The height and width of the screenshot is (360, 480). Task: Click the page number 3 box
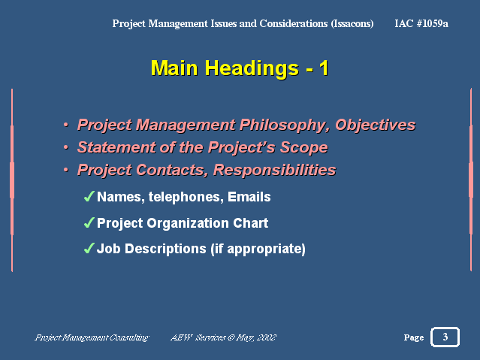click(445, 337)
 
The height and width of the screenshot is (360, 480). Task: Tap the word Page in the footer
click(414, 337)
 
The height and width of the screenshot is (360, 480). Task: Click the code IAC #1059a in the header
click(421, 23)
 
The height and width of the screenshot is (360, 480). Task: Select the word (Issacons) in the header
click(352, 23)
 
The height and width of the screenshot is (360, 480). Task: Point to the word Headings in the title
click(252, 68)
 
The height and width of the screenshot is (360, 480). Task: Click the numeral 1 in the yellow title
click(324, 68)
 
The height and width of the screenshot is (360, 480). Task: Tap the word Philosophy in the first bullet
click(285, 126)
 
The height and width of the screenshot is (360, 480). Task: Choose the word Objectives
click(376, 126)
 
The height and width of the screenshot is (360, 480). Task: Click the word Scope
click(304, 147)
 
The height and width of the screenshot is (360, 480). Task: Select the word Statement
click(116, 147)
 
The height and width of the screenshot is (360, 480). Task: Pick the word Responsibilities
click(275, 170)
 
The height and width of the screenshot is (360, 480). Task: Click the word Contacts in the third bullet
click(172, 170)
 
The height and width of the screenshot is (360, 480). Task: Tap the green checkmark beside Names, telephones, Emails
click(89, 196)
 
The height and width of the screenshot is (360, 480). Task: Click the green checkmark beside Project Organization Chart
click(89, 222)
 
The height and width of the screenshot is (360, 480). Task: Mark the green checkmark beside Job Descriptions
click(89, 248)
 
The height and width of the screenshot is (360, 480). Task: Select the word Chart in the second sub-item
click(251, 223)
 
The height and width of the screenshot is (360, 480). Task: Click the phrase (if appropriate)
click(258, 249)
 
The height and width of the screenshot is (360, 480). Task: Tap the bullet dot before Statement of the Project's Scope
click(66, 147)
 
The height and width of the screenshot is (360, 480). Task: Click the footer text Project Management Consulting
click(92, 337)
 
